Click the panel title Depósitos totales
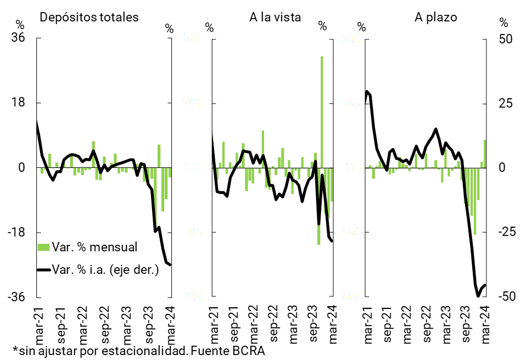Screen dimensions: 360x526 pos(89,17)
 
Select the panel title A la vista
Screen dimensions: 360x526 pos(275,17)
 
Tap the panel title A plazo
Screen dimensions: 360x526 pos(435,17)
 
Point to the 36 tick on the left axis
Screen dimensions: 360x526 pos(20,38)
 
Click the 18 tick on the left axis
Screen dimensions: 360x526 pos(20,103)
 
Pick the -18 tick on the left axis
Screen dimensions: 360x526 pos(18,232)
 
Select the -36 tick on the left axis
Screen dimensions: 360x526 pos(18,297)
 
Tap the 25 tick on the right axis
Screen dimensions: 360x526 pos(505,103)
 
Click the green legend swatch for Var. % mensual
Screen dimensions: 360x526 pos(43,247)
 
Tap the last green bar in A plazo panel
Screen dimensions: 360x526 pos(485,154)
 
